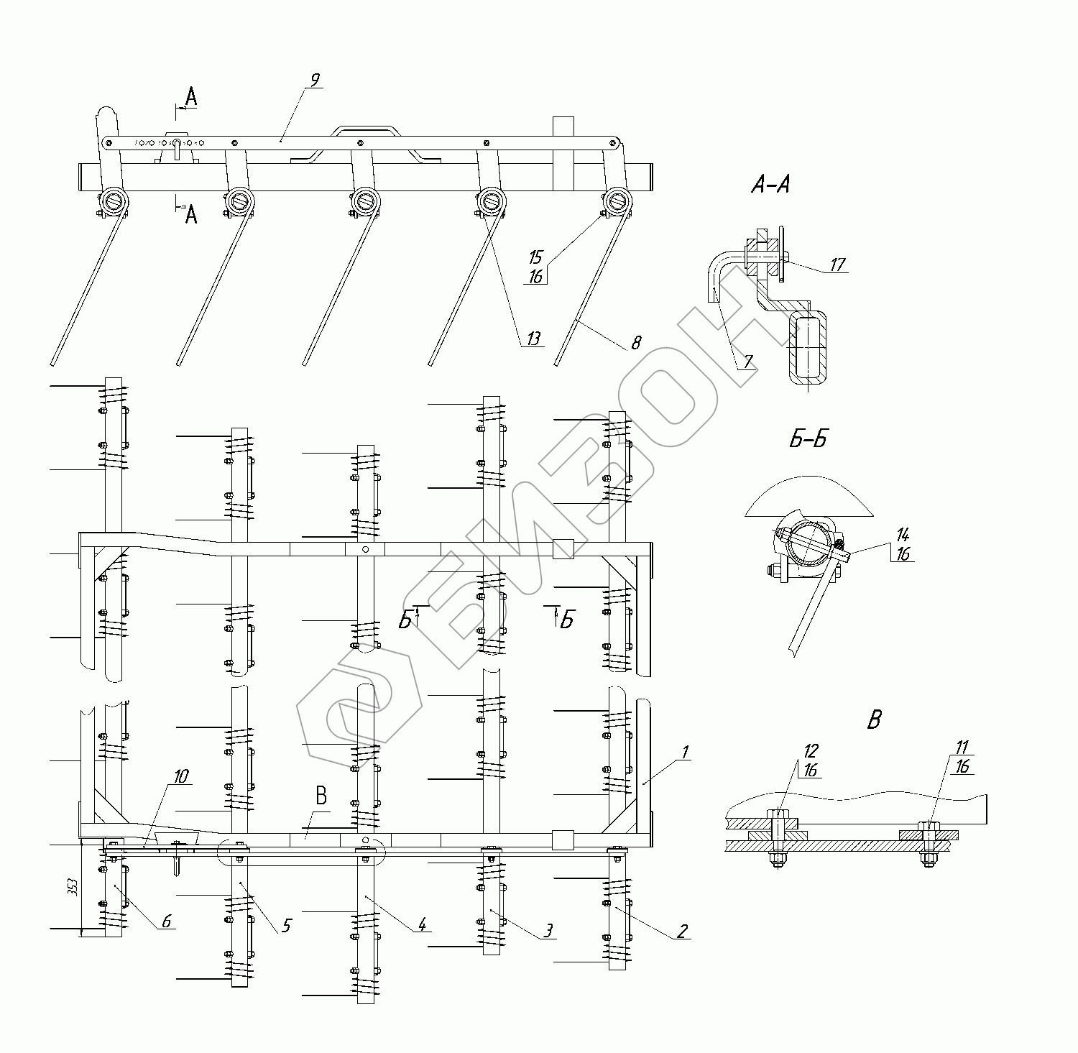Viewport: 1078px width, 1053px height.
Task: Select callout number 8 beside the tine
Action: point(636,342)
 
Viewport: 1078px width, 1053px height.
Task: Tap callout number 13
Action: point(533,339)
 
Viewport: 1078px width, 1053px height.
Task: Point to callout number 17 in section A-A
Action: point(837,265)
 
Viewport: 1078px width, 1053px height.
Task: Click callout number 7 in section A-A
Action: point(748,362)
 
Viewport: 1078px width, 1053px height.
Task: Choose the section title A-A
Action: point(770,185)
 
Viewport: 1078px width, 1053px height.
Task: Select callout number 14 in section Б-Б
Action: point(903,534)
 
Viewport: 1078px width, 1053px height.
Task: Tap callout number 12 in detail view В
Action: point(810,750)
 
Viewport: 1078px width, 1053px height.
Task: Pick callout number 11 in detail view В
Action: point(962,746)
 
